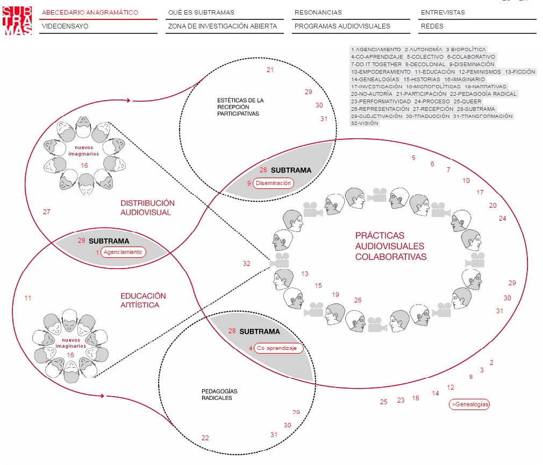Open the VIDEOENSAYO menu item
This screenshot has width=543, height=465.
65,26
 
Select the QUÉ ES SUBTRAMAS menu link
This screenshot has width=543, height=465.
201,12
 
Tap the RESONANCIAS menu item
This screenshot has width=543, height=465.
318,12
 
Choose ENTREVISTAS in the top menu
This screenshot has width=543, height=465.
442,12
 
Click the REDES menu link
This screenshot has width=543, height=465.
432,26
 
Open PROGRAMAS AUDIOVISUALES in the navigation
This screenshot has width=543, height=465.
342,26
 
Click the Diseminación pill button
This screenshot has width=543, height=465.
274,183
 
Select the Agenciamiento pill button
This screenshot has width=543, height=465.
123,252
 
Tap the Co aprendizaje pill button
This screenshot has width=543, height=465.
277,348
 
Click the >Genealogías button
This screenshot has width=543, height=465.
469,404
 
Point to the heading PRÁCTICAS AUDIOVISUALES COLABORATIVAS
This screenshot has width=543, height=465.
391,246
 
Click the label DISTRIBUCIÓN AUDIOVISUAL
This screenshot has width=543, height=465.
147,208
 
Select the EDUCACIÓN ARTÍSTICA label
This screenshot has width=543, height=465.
143,300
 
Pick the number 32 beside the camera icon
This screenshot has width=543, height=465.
247,264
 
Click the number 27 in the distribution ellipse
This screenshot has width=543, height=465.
47,212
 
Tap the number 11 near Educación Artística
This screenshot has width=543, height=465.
28,298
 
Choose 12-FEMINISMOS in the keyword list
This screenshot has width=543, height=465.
479,72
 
